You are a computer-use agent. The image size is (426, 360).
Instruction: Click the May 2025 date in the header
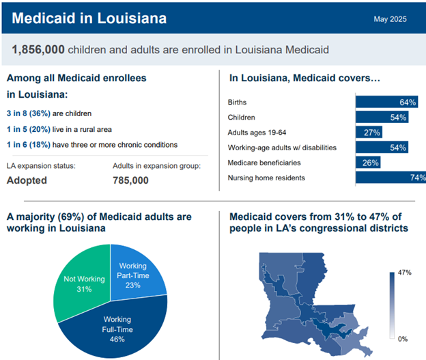(390, 19)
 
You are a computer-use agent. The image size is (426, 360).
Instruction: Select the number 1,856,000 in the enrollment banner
(39, 49)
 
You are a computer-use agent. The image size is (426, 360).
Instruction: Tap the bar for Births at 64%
(386, 102)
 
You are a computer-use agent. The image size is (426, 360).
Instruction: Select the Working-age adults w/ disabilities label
(281, 148)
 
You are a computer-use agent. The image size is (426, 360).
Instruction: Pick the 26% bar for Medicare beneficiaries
(369, 163)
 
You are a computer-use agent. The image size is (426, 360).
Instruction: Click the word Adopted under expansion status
(27, 180)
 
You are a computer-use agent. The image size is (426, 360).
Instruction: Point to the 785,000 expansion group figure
(130, 180)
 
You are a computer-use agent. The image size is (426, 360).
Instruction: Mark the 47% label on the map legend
(405, 273)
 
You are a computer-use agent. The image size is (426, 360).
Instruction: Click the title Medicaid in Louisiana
(89, 18)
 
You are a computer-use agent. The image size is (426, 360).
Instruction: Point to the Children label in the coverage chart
(242, 117)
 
